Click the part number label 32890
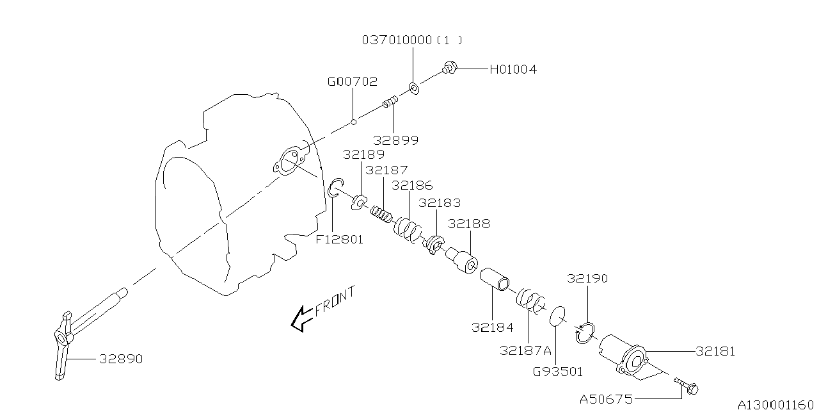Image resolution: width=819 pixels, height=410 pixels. pyautogui.click(x=120, y=359)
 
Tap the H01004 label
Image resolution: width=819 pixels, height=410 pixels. pyautogui.click(x=513, y=69)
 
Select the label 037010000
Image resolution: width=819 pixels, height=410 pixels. pyautogui.click(x=397, y=40)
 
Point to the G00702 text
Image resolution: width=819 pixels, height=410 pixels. pyautogui.click(x=352, y=82)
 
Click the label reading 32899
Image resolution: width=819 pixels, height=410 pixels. pyautogui.click(x=396, y=140)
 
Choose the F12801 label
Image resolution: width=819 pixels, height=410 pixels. pyautogui.click(x=339, y=240)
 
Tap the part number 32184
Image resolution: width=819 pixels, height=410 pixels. pyautogui.click(x=492, y=327)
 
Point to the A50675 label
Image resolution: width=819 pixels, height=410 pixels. pyautogui.click(x=605, y=399)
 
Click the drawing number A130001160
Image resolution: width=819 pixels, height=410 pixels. pyautogui.click(x=777, y=404)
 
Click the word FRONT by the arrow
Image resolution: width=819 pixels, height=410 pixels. pyautogui.click(x=335, y=302)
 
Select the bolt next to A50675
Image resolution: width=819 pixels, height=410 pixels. pyautogui.click(x=687, y=386)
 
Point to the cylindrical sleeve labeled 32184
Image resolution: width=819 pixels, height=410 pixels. pyautogui.click(x=495, y=279)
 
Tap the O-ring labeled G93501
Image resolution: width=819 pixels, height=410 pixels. pyautogui.click(x=558, y=315)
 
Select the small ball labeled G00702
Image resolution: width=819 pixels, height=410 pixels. pyautogui.click(x=353, y=121)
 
